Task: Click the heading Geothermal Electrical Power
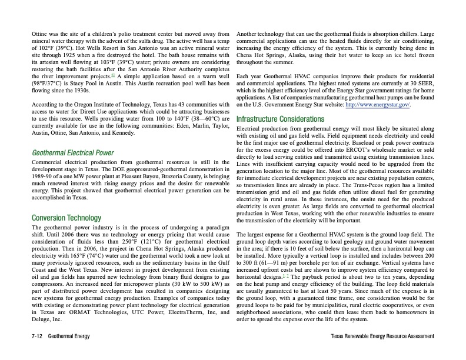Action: tap(72, 154)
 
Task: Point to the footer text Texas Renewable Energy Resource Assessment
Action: tap(382, 336)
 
